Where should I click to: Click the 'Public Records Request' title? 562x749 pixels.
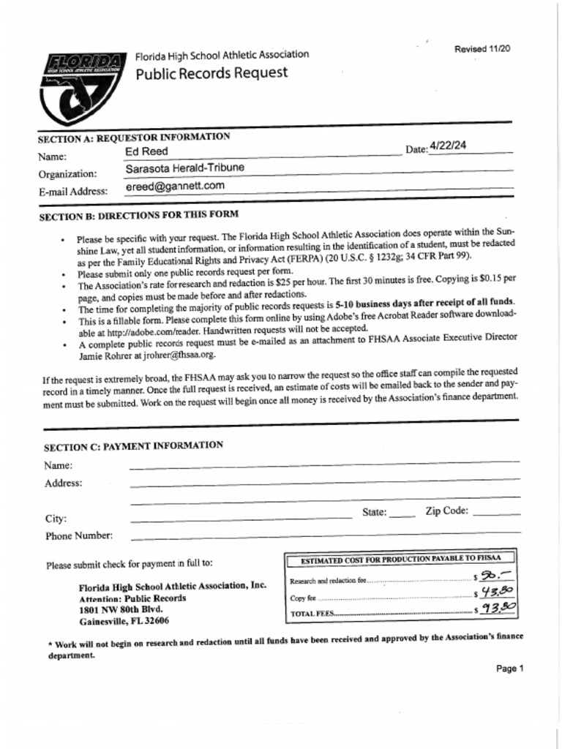click(x=211, y=73)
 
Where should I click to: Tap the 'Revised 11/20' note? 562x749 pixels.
click(x=482, y=49)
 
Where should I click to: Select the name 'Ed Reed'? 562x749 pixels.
click(x=146, y=151)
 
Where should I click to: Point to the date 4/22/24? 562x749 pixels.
click(x=449, y=146)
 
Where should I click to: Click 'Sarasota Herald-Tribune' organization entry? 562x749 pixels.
click(x=184, y=168)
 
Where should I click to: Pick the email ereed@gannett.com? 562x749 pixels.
click(x=175, y=187)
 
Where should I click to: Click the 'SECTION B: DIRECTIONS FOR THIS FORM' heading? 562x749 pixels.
click(x=138, y=217)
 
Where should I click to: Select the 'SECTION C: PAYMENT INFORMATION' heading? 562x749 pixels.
click(x=133, y=446)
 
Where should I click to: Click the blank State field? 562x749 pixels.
click(x=402, y=513)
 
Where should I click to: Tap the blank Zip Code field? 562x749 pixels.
click(x=497, y=512)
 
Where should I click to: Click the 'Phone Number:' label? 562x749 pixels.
click(x=79, y=535)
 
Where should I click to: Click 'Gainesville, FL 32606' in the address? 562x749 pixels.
click(x=124, y=621)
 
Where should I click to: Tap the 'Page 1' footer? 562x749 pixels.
click(x=509, y=669)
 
